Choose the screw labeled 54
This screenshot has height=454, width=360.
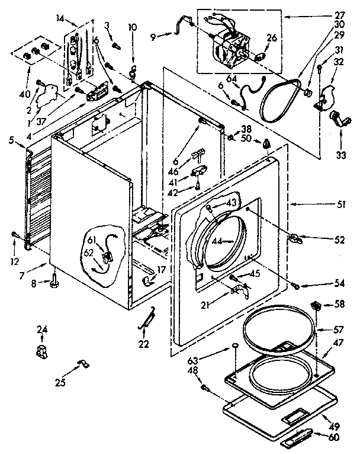pos(296,286)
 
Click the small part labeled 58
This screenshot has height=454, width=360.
pos(317,306)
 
